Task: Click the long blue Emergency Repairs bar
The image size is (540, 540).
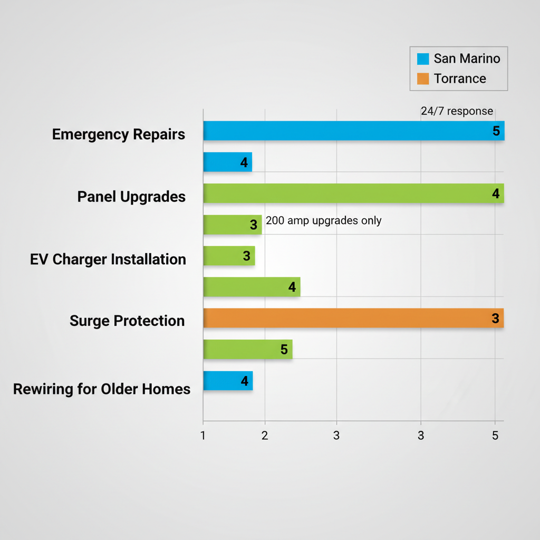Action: pyautogui.click(x=353, y=131)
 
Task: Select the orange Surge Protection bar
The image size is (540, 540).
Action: pyautogui.click(x=353, y=318)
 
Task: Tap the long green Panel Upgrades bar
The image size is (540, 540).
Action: pyautogui.click(x=353, y=194)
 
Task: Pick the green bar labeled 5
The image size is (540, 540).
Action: pyautogui.click(x=247, y=349)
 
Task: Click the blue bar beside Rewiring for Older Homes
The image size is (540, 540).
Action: pyautogui.click(x=228, y=381)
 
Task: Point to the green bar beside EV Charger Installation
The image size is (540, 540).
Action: pyautogui.click(x=229, y=256)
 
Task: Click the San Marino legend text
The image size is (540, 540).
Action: pyautogui.click(x=467, y=59)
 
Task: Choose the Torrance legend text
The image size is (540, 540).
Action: pyautogui.click(x=459, y=79)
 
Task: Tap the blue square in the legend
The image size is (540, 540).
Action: pyautogui.click(x=422, y=59)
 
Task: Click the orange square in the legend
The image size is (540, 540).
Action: pyautogui.click(x=422, y=79)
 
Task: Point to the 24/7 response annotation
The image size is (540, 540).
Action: pyautogui.click(x=457, y=111)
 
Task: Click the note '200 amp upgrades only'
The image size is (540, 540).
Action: pyautogui.click(x=323, y=220)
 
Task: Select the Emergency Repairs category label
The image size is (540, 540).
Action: pyautogui.click(x=119, y=134)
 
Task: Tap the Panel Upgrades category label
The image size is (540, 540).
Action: pyautogui.click(x=131, y=197)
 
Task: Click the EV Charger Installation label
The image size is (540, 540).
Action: pyautogui.click(x=108, y=259)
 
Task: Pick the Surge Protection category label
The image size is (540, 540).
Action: pyautogui.click(x=127, y=321)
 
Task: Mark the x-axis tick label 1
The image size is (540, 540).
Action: pyautogui.click(x=203, y=436)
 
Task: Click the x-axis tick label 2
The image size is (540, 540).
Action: pyautogui.click(x=265, y=436)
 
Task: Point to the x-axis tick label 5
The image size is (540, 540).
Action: pyautogui.click(x=495, y=436)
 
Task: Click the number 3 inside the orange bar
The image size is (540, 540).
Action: pyautogui.click(x=495, y=319)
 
